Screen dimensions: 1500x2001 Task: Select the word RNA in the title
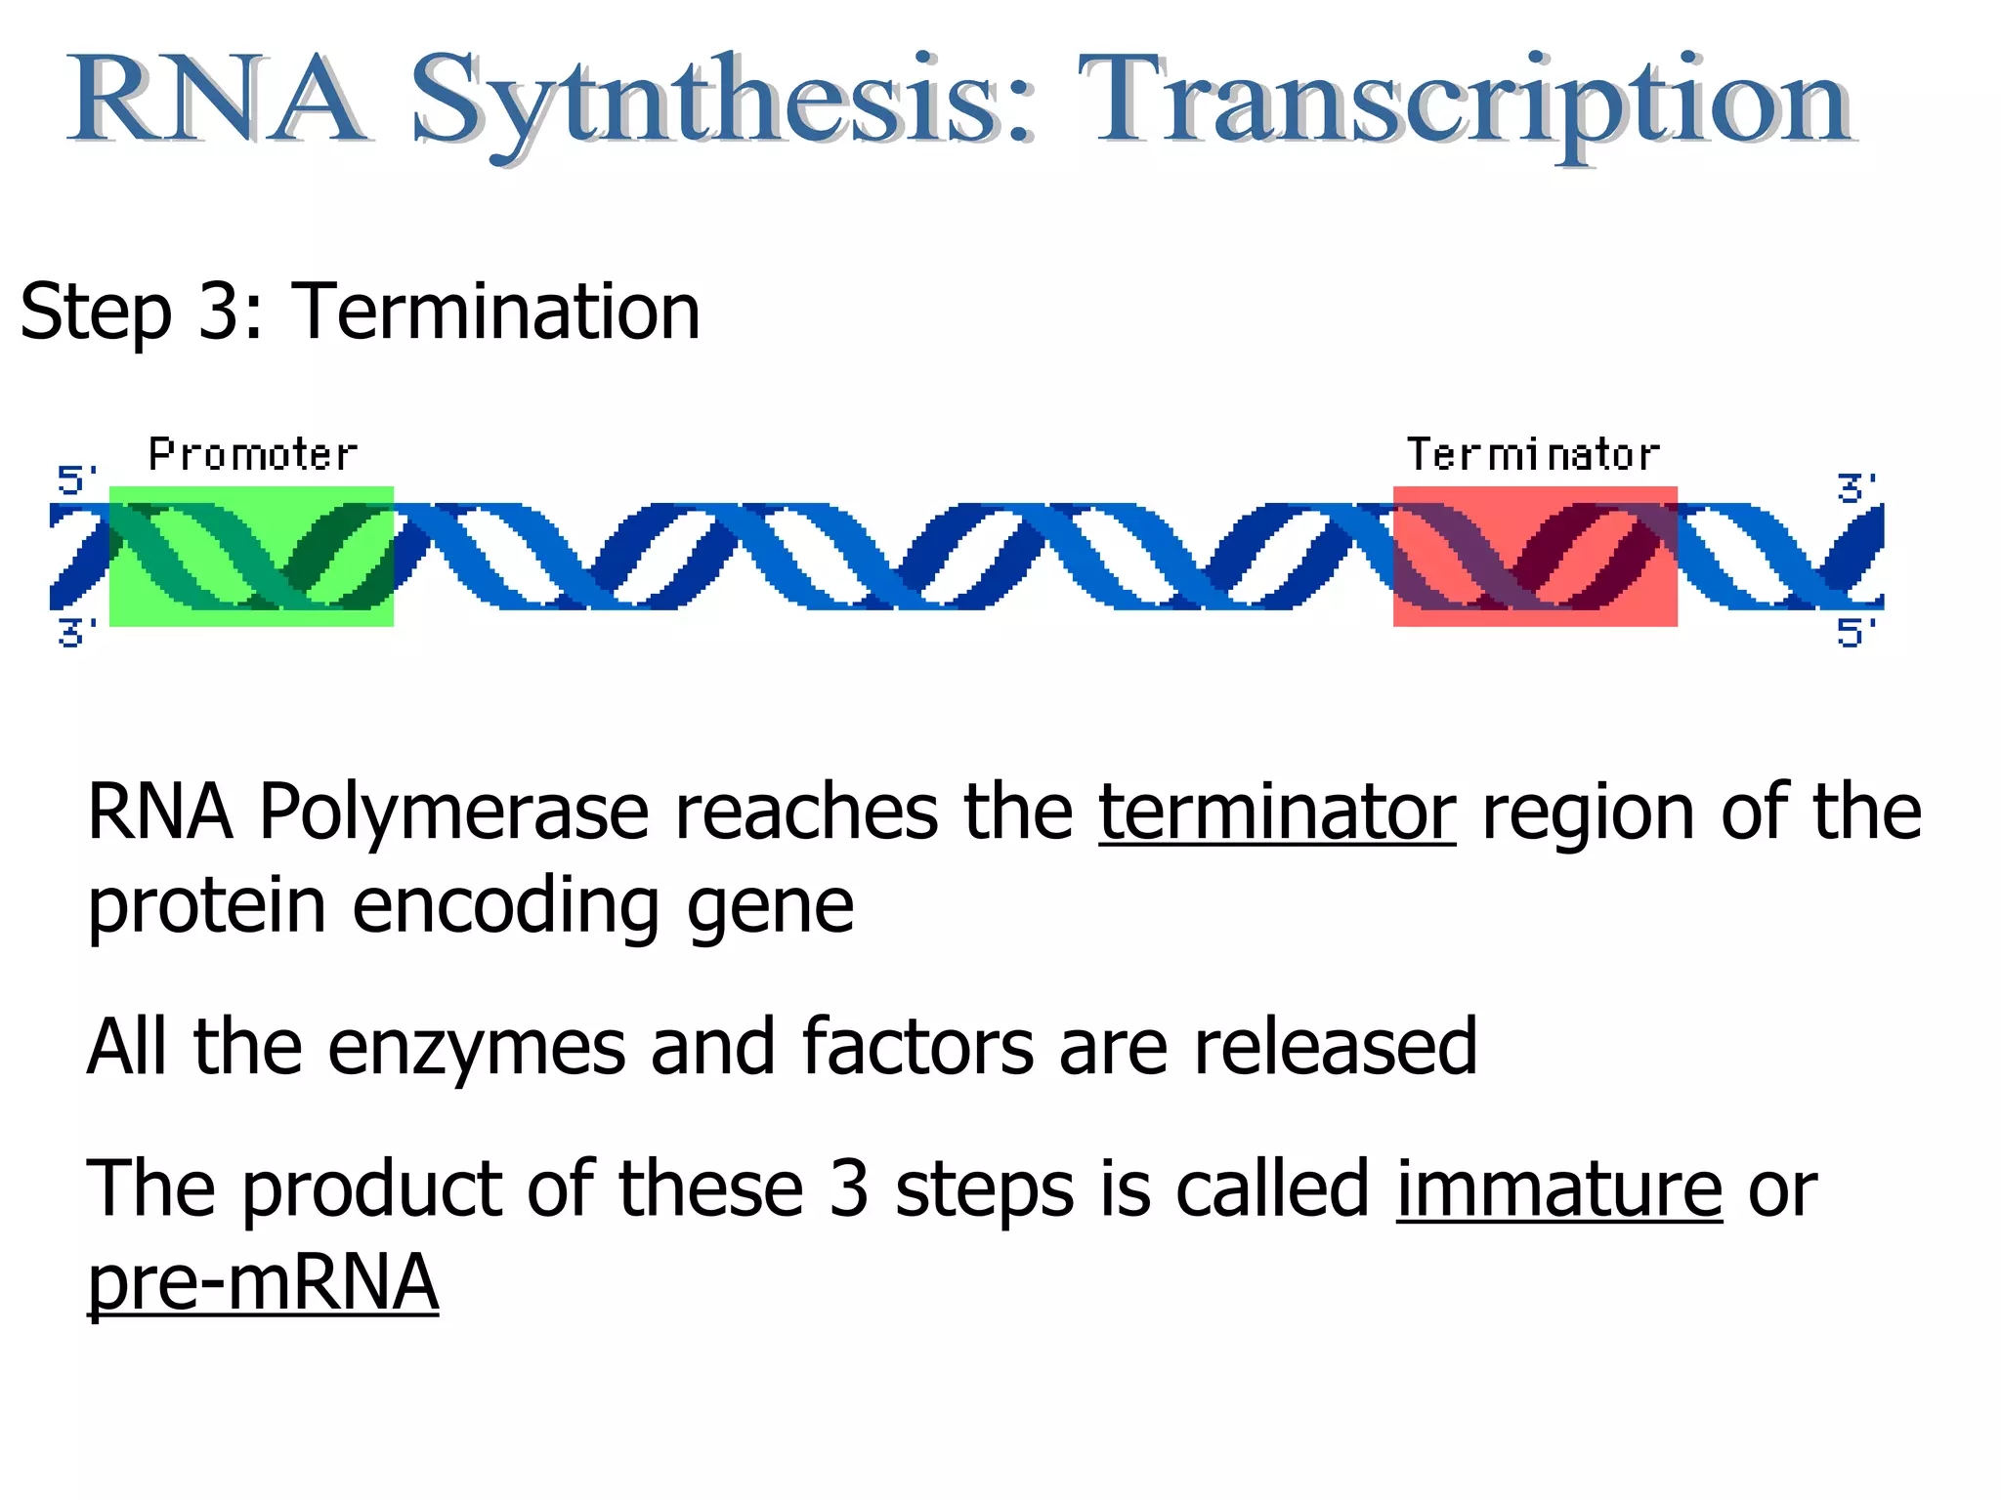(217, 101)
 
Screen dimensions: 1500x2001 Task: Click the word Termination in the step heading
(495, 312)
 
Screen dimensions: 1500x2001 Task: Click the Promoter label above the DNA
(253, 455)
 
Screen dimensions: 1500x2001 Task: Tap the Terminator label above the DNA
(1532, 455)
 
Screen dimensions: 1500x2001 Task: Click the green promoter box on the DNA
(251, 556)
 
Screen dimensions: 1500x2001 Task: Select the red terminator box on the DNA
(1535, 556)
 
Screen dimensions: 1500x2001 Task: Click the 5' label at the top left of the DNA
(76, 480)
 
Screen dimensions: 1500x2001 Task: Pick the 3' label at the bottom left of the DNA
(76, 633)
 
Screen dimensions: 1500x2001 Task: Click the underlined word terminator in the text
(1276, 812)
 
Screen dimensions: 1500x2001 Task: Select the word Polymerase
(453, 812)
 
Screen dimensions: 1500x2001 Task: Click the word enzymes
(476, 1047)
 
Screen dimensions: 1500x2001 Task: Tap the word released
(1335, 1047)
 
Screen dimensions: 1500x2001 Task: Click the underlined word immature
(1558, 1189)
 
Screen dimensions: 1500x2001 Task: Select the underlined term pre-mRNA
(263, 1282)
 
